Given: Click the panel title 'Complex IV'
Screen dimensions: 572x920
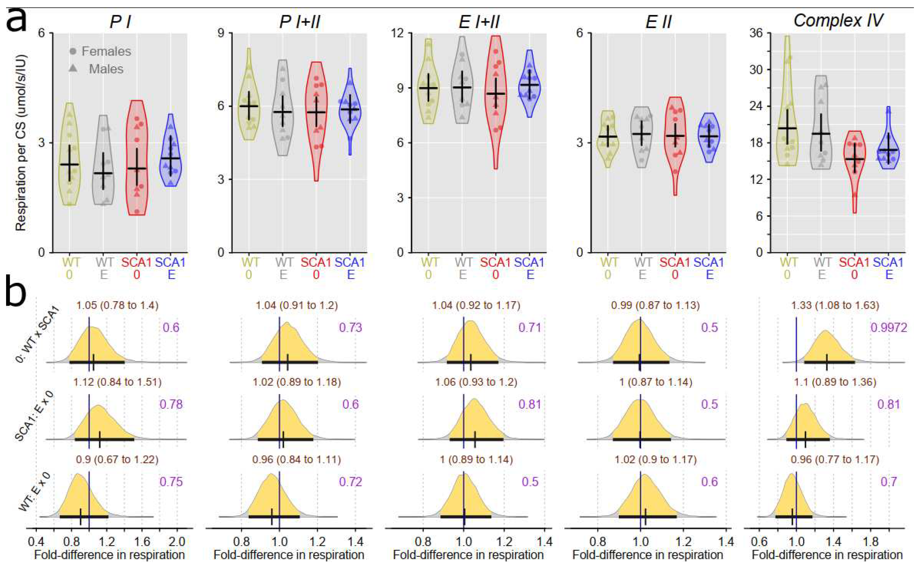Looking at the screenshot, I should coord(838,21).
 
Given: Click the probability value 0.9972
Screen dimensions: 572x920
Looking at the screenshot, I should coord(889,328).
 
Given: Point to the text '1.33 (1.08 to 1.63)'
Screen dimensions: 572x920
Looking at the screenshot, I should coord(835,305).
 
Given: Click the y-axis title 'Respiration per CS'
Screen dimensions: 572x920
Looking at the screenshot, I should coord(21,143).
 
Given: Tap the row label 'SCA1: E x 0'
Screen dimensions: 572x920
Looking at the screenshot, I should coord(34,416).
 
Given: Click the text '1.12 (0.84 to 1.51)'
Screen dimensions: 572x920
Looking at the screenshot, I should coord(117,382).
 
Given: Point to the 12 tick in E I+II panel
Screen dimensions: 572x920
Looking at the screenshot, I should coord(400,33).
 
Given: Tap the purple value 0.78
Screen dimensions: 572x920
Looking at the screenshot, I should coord(171,404).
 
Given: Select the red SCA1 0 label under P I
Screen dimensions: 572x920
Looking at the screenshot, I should coord(136,268).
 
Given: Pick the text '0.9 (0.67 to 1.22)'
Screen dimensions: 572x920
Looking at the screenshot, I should coord(117,459).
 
